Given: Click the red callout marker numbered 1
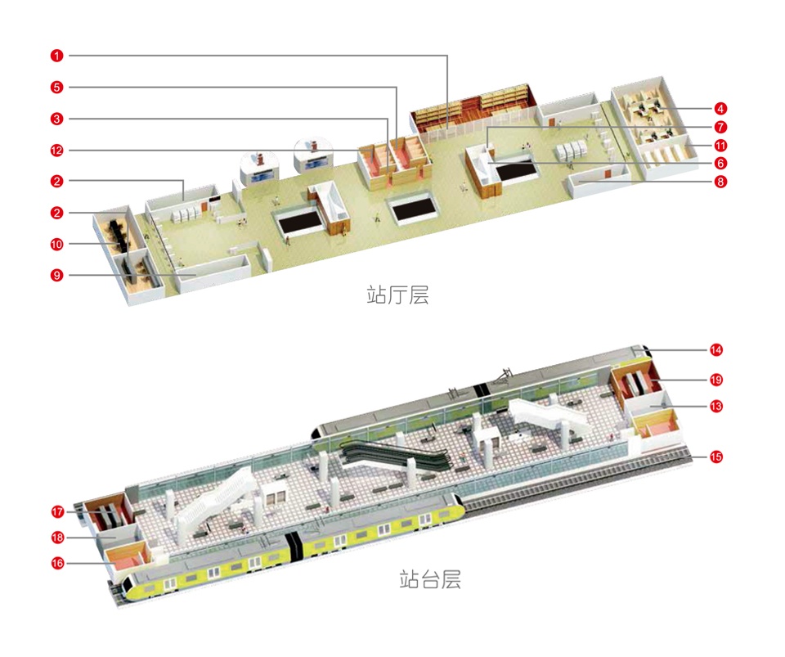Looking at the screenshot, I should pos(56,56).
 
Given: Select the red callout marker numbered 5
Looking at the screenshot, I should pos(56,87).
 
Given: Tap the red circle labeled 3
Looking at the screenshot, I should pos(56,119).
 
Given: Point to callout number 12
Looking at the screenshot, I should pos(56,150).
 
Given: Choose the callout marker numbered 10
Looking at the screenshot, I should pos(56,244).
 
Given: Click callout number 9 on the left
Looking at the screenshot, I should pos(56,276).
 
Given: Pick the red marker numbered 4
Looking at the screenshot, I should pos(720,108).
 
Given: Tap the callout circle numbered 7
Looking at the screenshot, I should pos(720,127).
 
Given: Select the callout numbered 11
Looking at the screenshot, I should pos(720,145).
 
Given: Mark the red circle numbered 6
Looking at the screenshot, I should pos(720,163).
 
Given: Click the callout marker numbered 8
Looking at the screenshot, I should pos(720,182).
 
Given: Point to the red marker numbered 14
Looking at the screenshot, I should pos(716,350).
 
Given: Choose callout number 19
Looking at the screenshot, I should pos(716,380).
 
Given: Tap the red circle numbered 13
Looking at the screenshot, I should pos(716,406).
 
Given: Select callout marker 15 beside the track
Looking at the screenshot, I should pos(716,457).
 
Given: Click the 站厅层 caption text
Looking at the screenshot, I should pos(397,295).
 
